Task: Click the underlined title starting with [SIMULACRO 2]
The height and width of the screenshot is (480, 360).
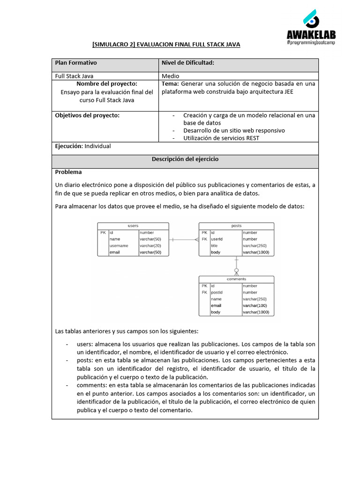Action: pos(166,45)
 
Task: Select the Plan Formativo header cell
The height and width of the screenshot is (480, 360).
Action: pos(76,63)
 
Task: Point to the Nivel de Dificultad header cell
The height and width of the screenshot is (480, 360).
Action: pos(187,63)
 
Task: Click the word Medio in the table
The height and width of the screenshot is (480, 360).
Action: pos(171,76)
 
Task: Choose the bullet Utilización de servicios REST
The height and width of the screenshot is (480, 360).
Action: pos(221,138)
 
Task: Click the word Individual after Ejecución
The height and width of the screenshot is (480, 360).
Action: pos(97,146)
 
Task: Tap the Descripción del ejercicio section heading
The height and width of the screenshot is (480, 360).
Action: pos(185,159)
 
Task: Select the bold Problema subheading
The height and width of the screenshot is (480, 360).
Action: pos(68,172)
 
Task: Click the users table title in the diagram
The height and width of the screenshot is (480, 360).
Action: pos(133,226)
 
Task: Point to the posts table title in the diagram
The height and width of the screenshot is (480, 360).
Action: pos(236,226)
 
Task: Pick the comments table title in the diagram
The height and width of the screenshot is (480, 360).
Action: pos(236,279)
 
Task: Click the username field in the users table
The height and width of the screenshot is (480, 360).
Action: pos(119,246)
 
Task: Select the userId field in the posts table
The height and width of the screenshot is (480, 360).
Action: pos(217,239)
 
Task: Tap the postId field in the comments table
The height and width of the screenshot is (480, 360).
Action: pos(217,292)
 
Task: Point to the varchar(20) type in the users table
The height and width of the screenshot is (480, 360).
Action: pos(150,246)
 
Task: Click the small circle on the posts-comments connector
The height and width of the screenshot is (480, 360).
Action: pos(236,270)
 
